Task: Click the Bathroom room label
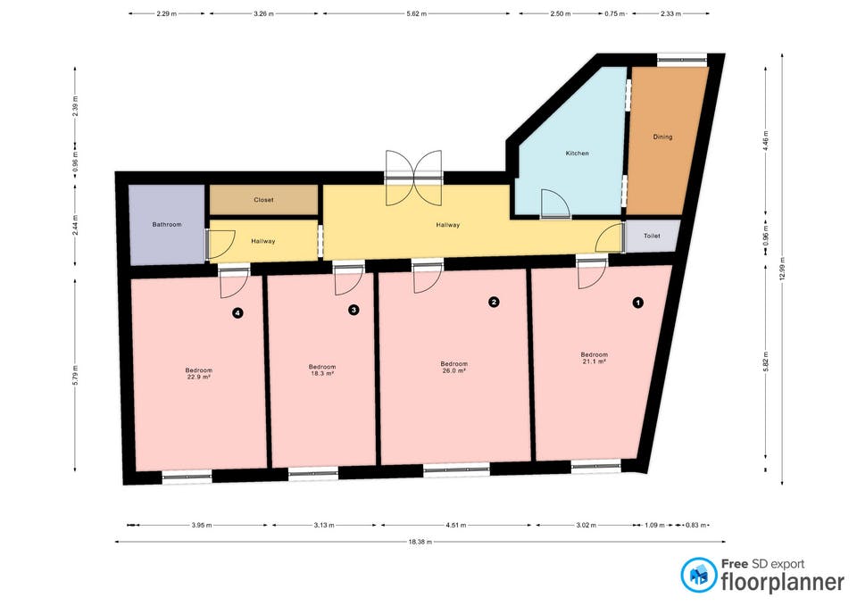coord(167,225)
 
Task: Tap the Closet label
coord(263,200)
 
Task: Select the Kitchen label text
coord(578,154)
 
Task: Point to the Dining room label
coord(662,137)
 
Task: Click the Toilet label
coord(652,236)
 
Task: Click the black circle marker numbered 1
coord(637,303)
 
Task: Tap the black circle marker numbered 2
coord(494,302)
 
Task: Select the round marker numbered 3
coord(354,310)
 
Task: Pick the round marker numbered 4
coord(237,313)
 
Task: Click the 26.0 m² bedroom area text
coord(454,370)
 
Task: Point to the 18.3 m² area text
coord(322,374)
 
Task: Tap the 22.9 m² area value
coord(198,377)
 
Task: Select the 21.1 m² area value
coord(595,361)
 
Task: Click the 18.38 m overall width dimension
coord(420,542)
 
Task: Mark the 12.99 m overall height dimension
coord(782,269)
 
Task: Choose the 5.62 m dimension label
coord(417,13)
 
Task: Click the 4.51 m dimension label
coord(456,525)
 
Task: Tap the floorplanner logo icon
coord(698,575)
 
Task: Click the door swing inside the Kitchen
coord(554,203)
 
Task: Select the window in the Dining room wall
coord(682,60)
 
